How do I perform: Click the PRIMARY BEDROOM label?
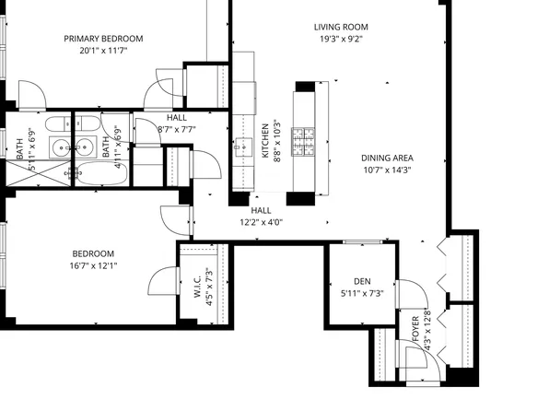pos(103,38)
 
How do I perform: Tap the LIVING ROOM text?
pos(342,27)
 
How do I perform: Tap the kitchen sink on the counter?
pos(244,145)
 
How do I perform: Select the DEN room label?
pos(362,281)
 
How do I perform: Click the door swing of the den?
pos(410,295)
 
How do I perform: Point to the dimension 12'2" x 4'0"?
pos(261,222)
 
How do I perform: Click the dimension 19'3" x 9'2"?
pos(342,40)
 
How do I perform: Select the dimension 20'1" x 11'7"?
pos(103,51)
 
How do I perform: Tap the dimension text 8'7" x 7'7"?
pos(177,130)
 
